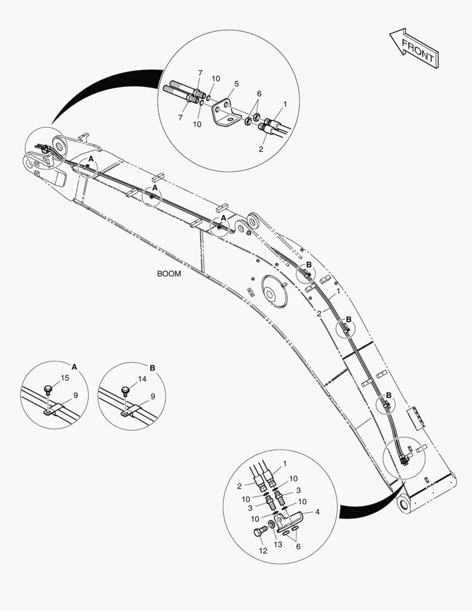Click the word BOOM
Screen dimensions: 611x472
click(x=169, y=273)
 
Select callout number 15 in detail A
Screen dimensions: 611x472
click(x=65, y=378)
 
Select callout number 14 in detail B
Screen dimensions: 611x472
click(x=142, y=379)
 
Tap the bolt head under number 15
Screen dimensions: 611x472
click(x=49, y=389)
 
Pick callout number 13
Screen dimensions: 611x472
click(x=278, y=544)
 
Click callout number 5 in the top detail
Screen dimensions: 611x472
click(x=236, y=84)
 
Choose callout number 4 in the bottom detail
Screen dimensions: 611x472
click(x=317, y=512)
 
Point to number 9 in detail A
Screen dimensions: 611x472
click(x=75, y=395)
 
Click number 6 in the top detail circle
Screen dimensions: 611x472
click(x=259, y=94)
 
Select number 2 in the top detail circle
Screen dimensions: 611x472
click(x=261, y=149)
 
